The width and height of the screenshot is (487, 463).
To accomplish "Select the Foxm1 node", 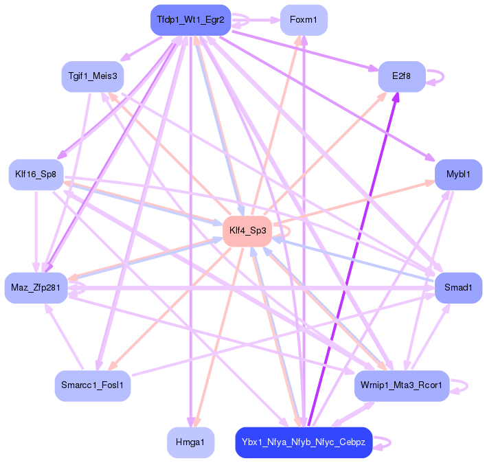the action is coord(304,20).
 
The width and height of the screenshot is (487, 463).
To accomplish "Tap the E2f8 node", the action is coord(402,76).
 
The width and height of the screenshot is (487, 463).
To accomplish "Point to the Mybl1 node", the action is coord(458,174).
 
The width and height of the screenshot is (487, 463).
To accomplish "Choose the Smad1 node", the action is coord(458,288).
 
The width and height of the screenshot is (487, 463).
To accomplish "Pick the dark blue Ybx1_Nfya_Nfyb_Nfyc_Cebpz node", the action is coord(304,442).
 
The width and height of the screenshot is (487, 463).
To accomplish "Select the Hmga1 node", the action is coord(190,442).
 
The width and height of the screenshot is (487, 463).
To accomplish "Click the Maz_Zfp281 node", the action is coord(36,288).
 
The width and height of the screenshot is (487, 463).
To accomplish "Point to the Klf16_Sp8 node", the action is coord(36,174).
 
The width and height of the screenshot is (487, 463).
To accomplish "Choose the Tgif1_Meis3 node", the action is coord(92,76).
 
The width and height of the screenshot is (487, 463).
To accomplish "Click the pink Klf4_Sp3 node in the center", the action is coord(247,231).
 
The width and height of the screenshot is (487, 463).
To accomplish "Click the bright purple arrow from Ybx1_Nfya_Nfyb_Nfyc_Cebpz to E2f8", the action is coord(352,261).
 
